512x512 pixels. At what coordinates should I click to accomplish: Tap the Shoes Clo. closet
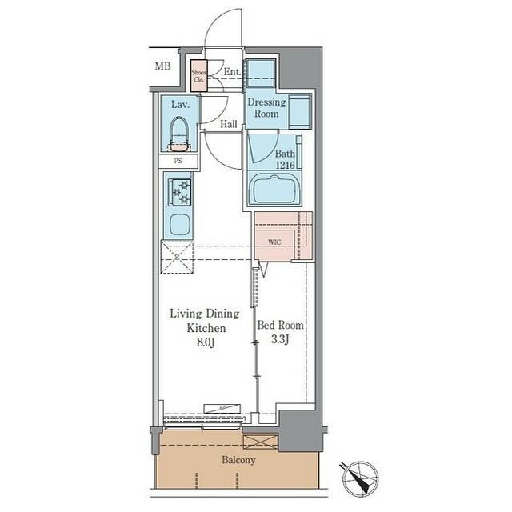pos(198,76)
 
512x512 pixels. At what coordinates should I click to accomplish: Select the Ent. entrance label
pos(232,72)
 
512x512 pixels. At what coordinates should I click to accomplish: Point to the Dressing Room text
pos(266,108)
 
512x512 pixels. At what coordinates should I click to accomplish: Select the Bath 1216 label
pos(286,158)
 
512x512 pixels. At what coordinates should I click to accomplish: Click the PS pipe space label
pos(179,162)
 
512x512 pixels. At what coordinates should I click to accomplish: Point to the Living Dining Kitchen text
pos(204,321)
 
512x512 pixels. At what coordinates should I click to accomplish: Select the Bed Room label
pos(280,326)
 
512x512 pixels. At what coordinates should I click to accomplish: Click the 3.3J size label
pos(280,341)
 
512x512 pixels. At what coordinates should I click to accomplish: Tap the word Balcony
pos(238,460)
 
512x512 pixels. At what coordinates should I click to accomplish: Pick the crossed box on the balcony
pos(260,442)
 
